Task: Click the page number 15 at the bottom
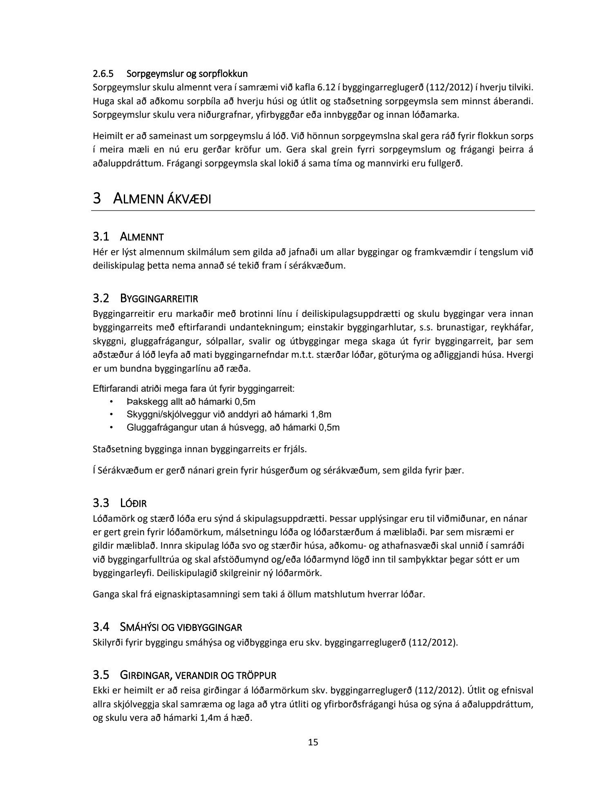313,742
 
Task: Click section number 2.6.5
103,74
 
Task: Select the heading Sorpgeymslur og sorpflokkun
187,74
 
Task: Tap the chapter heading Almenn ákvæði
162,199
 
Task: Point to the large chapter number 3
97,199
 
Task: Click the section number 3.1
101,236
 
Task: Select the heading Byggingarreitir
159,299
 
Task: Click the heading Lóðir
133,502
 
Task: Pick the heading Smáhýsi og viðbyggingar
181,627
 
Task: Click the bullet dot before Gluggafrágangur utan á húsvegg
111,428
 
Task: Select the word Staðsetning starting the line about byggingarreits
117,449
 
